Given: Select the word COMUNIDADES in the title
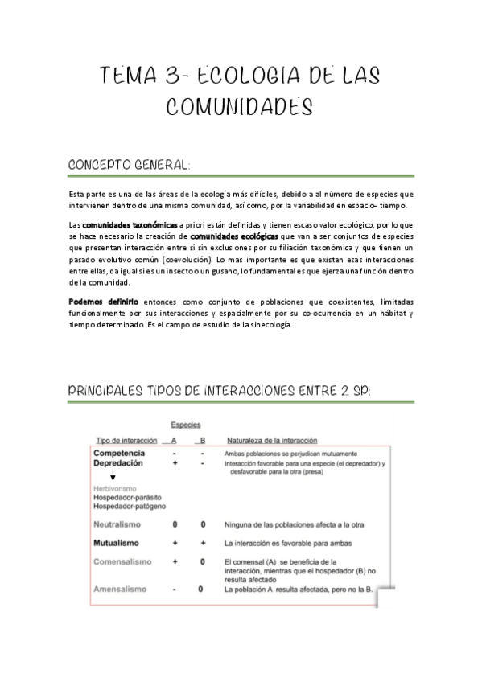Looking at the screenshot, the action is tap(240, 107).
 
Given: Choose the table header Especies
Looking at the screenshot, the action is tap(186, 425).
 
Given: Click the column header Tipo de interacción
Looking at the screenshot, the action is tap(127, 441).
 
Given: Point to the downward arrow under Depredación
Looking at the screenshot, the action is tap(112, 475).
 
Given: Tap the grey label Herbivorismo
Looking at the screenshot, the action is tap(115, 488).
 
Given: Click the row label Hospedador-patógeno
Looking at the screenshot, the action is tap(130, 507).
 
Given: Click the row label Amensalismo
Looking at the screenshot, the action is tap(120, 589).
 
